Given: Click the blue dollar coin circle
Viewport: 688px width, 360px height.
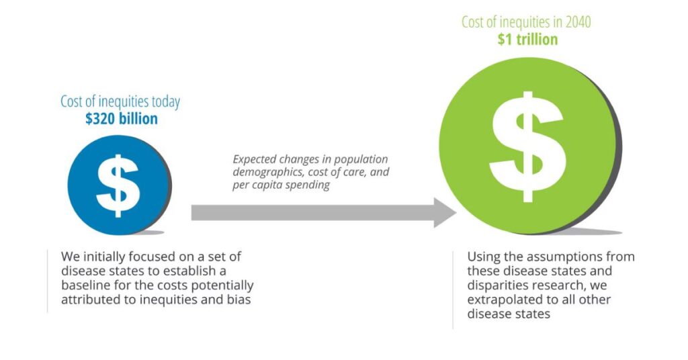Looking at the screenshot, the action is [118, 185].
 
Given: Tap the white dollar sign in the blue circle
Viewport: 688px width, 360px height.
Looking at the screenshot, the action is [118, 185].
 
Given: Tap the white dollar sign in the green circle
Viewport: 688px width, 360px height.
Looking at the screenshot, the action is [527, 147].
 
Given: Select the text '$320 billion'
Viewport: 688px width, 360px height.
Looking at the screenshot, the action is [122, 118].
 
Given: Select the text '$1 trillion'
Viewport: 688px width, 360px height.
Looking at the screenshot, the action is [527, 40].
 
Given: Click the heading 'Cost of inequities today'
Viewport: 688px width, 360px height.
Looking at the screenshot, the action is [120, 101].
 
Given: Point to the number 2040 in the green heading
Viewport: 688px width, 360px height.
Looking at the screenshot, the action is [578, 22].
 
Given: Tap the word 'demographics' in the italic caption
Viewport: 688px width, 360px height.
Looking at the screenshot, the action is [269, 172].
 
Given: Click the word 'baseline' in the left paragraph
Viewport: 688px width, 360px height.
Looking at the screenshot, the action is [86, 285].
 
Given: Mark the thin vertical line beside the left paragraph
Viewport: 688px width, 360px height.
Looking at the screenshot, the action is [48, 281].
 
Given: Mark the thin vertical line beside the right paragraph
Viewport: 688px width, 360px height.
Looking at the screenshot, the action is [453, 289].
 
